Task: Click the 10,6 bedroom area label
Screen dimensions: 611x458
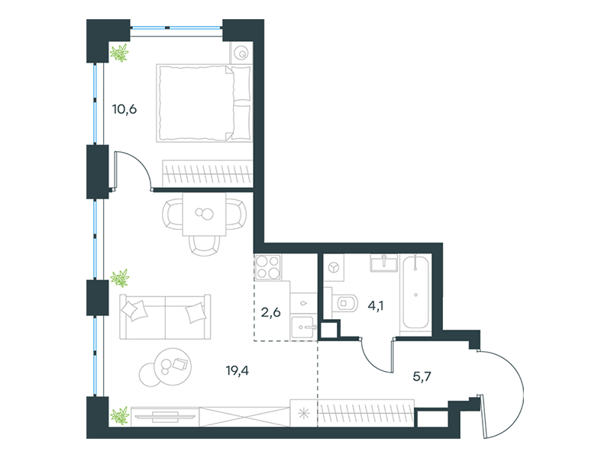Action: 124,109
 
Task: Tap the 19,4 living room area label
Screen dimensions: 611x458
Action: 237,370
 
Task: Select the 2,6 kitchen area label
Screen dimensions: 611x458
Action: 270,312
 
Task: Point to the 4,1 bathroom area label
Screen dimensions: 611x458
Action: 376,306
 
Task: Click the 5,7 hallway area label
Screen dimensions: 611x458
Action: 422,376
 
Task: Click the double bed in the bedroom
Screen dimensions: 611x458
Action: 203,103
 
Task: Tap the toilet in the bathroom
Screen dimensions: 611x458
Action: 345,303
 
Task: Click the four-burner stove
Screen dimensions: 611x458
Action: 268,268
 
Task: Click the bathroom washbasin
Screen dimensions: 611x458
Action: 384,263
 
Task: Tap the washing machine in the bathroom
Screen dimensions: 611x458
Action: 334,268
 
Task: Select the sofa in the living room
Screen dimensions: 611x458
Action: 165,317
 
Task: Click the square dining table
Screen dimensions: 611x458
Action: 204,214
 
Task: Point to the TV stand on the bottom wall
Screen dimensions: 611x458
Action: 165,417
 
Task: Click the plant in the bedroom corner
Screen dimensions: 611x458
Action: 119,53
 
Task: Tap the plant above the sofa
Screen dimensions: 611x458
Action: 120,278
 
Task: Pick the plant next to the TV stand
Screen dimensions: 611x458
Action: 120,415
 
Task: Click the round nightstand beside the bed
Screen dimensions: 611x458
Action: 241,53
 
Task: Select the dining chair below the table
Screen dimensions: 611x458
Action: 204,246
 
